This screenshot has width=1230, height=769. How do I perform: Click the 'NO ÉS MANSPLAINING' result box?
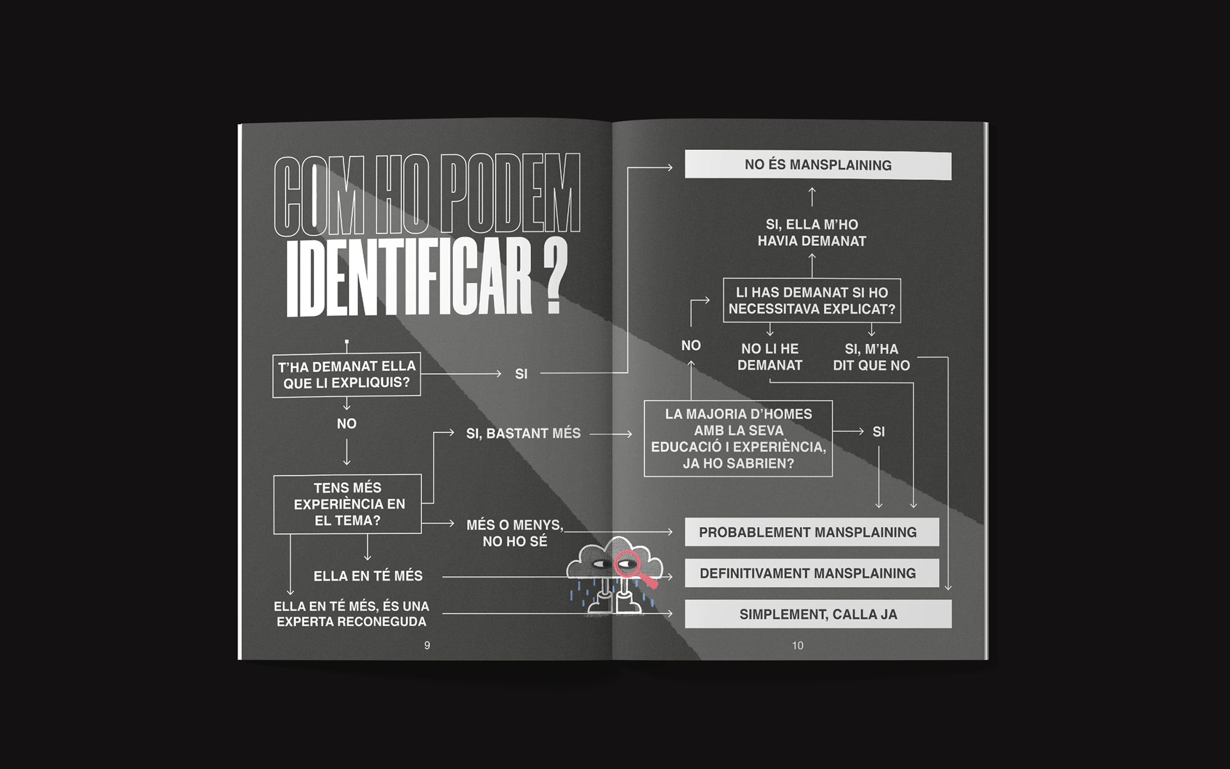tap(817, 165)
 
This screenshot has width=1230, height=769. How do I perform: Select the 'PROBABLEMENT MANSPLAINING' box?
tap(811, 533)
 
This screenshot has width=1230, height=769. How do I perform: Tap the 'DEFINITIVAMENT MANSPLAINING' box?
tap(811, 574)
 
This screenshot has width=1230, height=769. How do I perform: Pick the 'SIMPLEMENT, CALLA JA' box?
tap(817, 615)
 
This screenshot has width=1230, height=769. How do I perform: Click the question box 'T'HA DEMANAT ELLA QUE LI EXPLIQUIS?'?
tap(347, 375)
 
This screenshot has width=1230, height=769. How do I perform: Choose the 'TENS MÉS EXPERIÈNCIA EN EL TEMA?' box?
tap(347, 504)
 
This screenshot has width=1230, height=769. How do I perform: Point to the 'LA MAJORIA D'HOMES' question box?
tap(738, 439)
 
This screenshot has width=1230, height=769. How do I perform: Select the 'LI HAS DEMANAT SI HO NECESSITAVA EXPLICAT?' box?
tap(812, 301)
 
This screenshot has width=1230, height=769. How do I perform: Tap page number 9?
tap(427, 645)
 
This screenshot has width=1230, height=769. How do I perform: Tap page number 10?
tap(798, 645)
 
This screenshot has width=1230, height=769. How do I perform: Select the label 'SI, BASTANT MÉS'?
tap(523, 434)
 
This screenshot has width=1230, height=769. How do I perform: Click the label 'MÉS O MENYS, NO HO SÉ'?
tap(515, 533)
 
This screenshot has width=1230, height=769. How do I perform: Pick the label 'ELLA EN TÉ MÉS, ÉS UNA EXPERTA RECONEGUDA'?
tap(351, 614)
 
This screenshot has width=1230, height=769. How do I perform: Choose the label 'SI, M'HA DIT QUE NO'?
tap(871, 358)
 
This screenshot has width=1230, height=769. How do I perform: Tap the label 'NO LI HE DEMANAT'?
tap(769, 358)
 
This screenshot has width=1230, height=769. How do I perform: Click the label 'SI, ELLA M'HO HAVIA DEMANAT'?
tap(812, 233)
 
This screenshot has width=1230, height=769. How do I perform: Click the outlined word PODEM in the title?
tap(511, 195)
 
